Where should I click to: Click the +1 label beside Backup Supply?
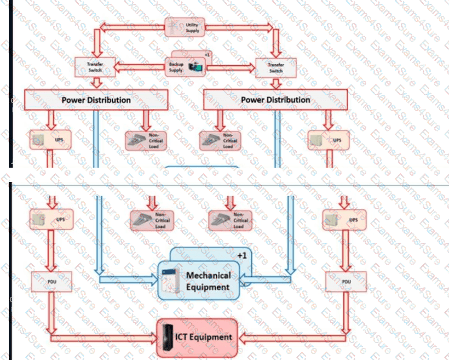208,55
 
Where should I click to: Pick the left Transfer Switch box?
95,67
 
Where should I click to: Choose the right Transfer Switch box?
276,67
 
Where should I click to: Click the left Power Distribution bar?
96,100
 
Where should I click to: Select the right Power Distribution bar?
275,100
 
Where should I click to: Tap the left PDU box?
51,281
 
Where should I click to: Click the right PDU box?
346,281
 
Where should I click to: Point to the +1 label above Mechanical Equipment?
243,255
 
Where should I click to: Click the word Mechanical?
209,275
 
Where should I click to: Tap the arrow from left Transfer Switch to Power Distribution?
96,83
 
